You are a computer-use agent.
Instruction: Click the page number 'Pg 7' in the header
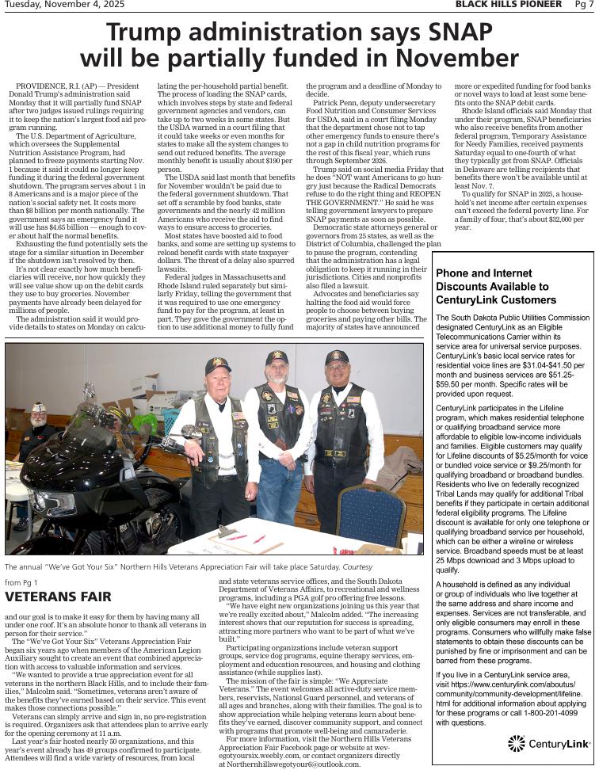pyautogui.click(x=584, y=5)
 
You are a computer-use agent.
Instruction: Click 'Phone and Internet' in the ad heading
pyautogui.click(x=483, y=273)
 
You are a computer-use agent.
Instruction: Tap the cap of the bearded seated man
pyautogui.click(x=37, y=407)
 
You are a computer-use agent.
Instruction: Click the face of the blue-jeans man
pyautogui.click(x=277, y=368)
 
